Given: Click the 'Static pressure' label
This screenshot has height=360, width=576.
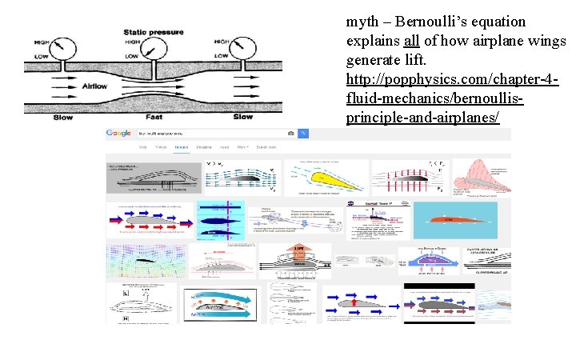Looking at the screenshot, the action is point(154,32).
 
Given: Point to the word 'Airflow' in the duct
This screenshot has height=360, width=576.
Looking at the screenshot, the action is point(94,86).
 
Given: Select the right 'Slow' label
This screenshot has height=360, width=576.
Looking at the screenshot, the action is point(242,117).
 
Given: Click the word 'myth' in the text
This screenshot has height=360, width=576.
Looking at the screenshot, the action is point(361,21).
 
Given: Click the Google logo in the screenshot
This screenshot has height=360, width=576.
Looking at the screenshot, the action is point(118,133).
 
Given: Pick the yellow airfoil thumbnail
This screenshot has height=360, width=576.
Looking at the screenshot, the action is point(326,178).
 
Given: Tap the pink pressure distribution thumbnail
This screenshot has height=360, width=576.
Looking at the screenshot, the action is point(482,178).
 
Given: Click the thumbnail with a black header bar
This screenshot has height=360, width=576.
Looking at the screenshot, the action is point(439,302).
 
